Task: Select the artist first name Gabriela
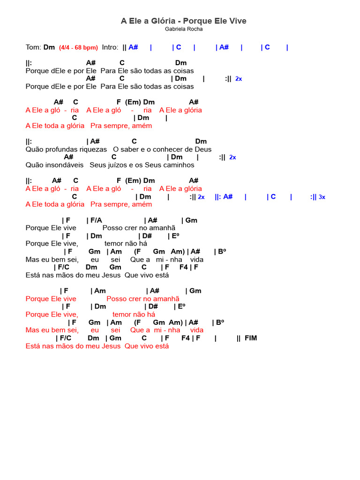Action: (175, 29)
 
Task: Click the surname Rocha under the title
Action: (195, 29)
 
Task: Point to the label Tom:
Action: (33, 47)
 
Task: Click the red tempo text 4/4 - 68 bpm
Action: (79, 47)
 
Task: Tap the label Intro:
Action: (110, 47)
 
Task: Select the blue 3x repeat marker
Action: (322, 197)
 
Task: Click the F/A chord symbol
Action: (96, 220)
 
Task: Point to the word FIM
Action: (251, 338)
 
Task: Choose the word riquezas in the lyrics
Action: (94, 150)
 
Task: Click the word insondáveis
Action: (63, 165)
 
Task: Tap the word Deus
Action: (203, 150)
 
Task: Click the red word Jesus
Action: (111, 346)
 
